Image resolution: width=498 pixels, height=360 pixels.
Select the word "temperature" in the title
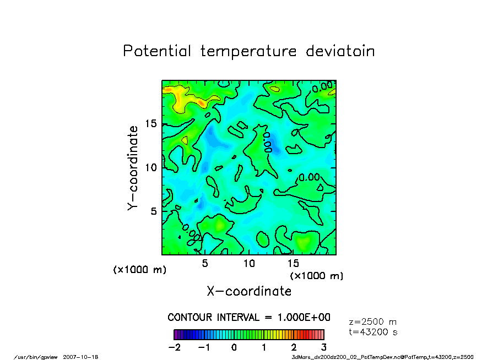click(247, 52)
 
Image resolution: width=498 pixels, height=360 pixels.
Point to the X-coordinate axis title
click(249, 291)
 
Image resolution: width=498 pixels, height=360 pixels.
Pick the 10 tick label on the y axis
click(150, 167)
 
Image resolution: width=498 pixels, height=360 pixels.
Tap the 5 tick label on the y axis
click(154, 211)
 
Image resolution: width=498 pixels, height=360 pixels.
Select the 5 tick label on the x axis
click(205, 263)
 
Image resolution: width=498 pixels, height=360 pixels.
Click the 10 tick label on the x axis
click(249, 263)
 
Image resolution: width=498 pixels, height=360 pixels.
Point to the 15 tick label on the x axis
click(293, 263)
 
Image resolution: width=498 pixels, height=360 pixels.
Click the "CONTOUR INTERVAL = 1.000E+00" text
click(249, 318)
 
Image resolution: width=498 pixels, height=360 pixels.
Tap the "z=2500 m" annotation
click(373, 322)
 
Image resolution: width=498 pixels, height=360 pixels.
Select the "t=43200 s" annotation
click(373, 332)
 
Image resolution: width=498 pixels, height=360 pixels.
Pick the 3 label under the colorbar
click(324, 347)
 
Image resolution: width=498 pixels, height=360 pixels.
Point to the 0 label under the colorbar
click(234, 347)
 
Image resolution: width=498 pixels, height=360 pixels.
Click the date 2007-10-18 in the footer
click(84, 357)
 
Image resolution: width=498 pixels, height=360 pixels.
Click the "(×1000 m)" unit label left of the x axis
click(139, 270)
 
